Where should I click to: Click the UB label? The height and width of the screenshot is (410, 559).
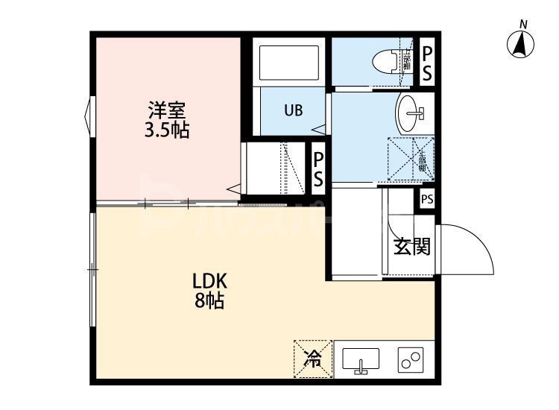pyautogui.click(x=293, y=111)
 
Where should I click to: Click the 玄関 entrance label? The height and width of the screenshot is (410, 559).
pyautogui.click(x=411, y=247)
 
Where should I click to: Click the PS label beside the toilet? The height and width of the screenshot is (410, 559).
pyautogui.click(x=427, y=63)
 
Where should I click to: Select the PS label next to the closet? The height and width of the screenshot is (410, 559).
pyautogui.click(x=318, y=169)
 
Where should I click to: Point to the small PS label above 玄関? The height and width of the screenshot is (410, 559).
pyautogui.click(x=426, y=199)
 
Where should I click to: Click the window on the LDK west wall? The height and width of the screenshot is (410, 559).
pyautogui.click(x=92, y=268)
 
